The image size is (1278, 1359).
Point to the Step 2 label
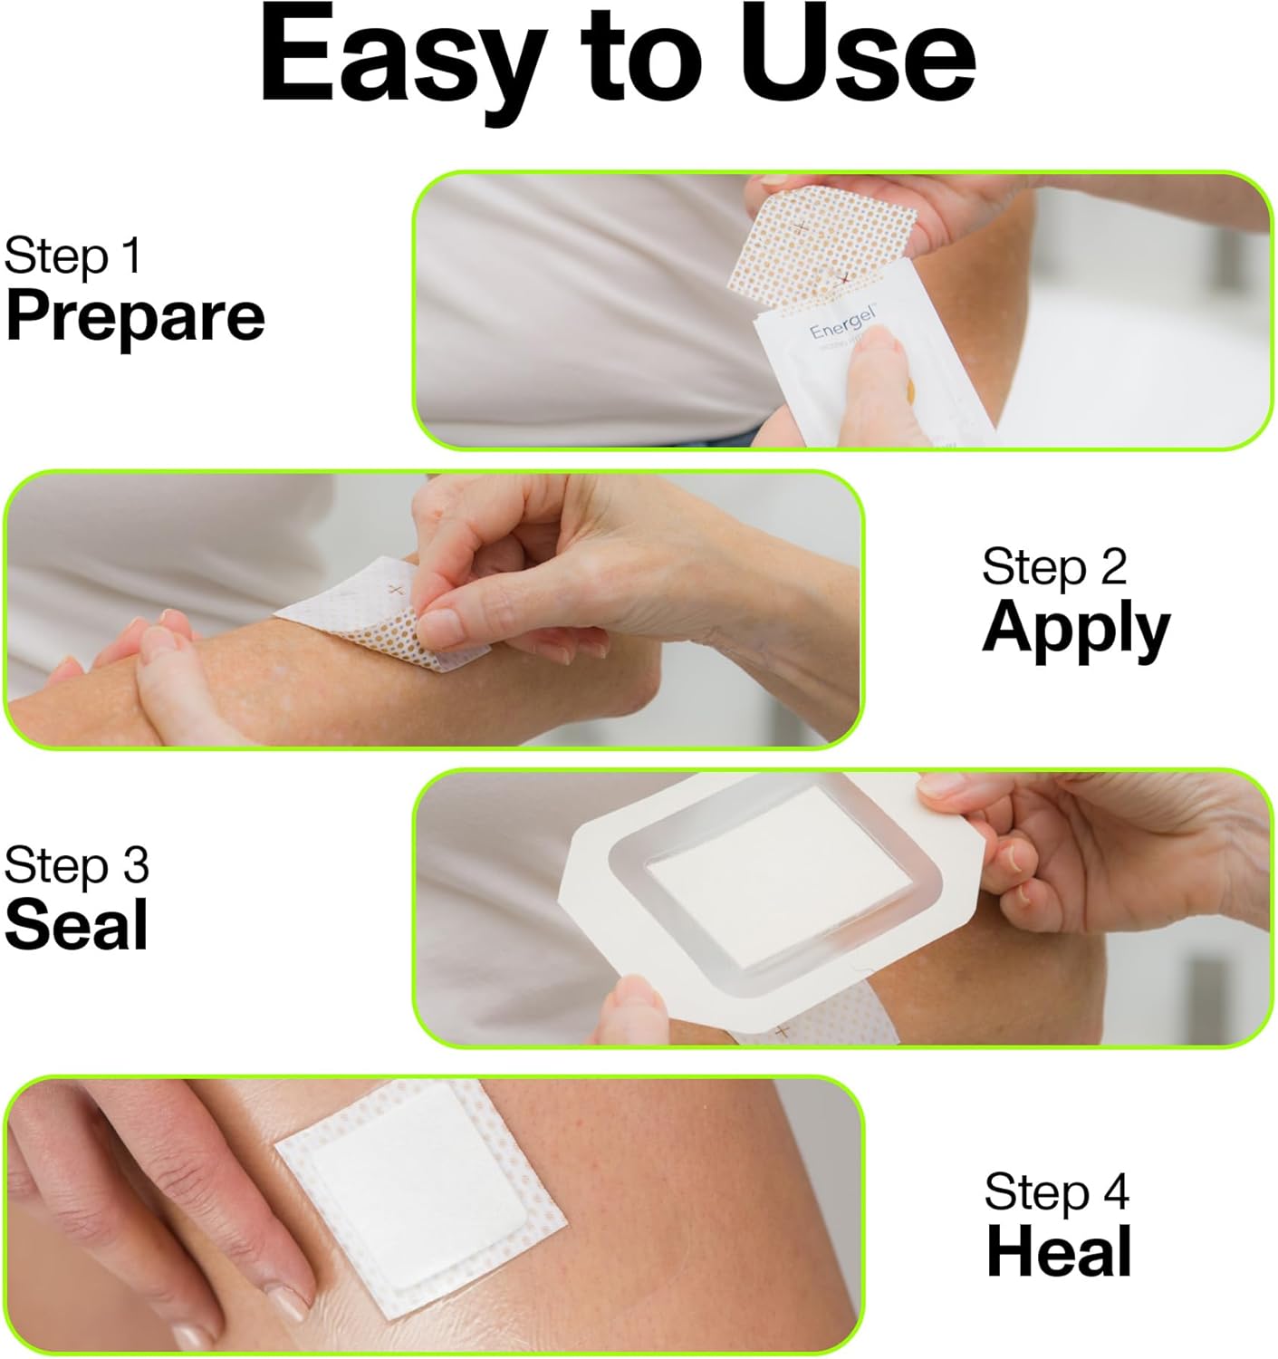point(1053,566)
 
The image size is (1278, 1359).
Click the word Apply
point(1075,629)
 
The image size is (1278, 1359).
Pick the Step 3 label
point(76,865)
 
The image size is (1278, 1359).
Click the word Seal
point(76,925)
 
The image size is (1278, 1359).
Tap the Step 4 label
point(1056,1191)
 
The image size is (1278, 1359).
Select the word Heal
point(1059,1252)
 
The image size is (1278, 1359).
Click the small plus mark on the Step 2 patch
point(393,590)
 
